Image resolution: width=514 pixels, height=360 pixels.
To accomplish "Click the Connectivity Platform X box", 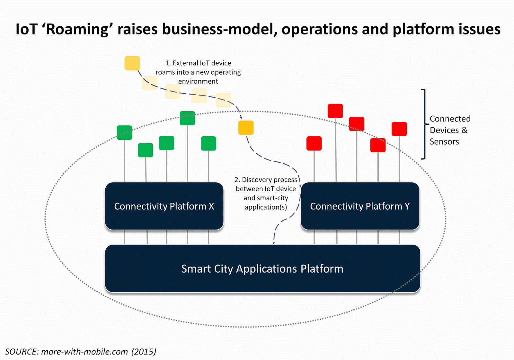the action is [x=164, y=206].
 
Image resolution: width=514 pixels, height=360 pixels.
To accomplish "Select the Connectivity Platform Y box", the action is [x=360, y=206].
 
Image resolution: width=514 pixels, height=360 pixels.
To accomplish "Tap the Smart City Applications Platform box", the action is [x=262, y=268].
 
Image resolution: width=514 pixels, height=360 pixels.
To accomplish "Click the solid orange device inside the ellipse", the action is [x=246, y=128].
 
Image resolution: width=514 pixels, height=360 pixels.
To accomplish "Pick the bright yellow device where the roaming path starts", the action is [x=132, y=63].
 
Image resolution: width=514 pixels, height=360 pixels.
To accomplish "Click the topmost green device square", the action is [x=187, y=118].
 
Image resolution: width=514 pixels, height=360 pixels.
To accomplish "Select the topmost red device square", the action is [x=335, y=111].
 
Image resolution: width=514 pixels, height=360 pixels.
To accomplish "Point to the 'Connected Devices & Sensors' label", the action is [x=450, y=130].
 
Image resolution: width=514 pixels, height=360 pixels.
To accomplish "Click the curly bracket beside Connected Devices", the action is [x=425, y=124].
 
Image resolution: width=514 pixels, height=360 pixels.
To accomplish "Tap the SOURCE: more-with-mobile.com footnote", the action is [x=81, y=352].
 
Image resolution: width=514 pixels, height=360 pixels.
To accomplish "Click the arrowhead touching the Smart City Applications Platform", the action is [x=273, y=243].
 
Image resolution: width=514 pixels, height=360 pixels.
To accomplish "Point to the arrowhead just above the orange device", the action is [x=241, y=117].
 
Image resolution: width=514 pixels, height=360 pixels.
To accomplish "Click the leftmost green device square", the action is [x=124, y=132].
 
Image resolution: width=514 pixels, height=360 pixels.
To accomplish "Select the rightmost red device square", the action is [x=399, y=129].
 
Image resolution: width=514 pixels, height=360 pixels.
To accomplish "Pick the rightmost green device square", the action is [x=208, y=143].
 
